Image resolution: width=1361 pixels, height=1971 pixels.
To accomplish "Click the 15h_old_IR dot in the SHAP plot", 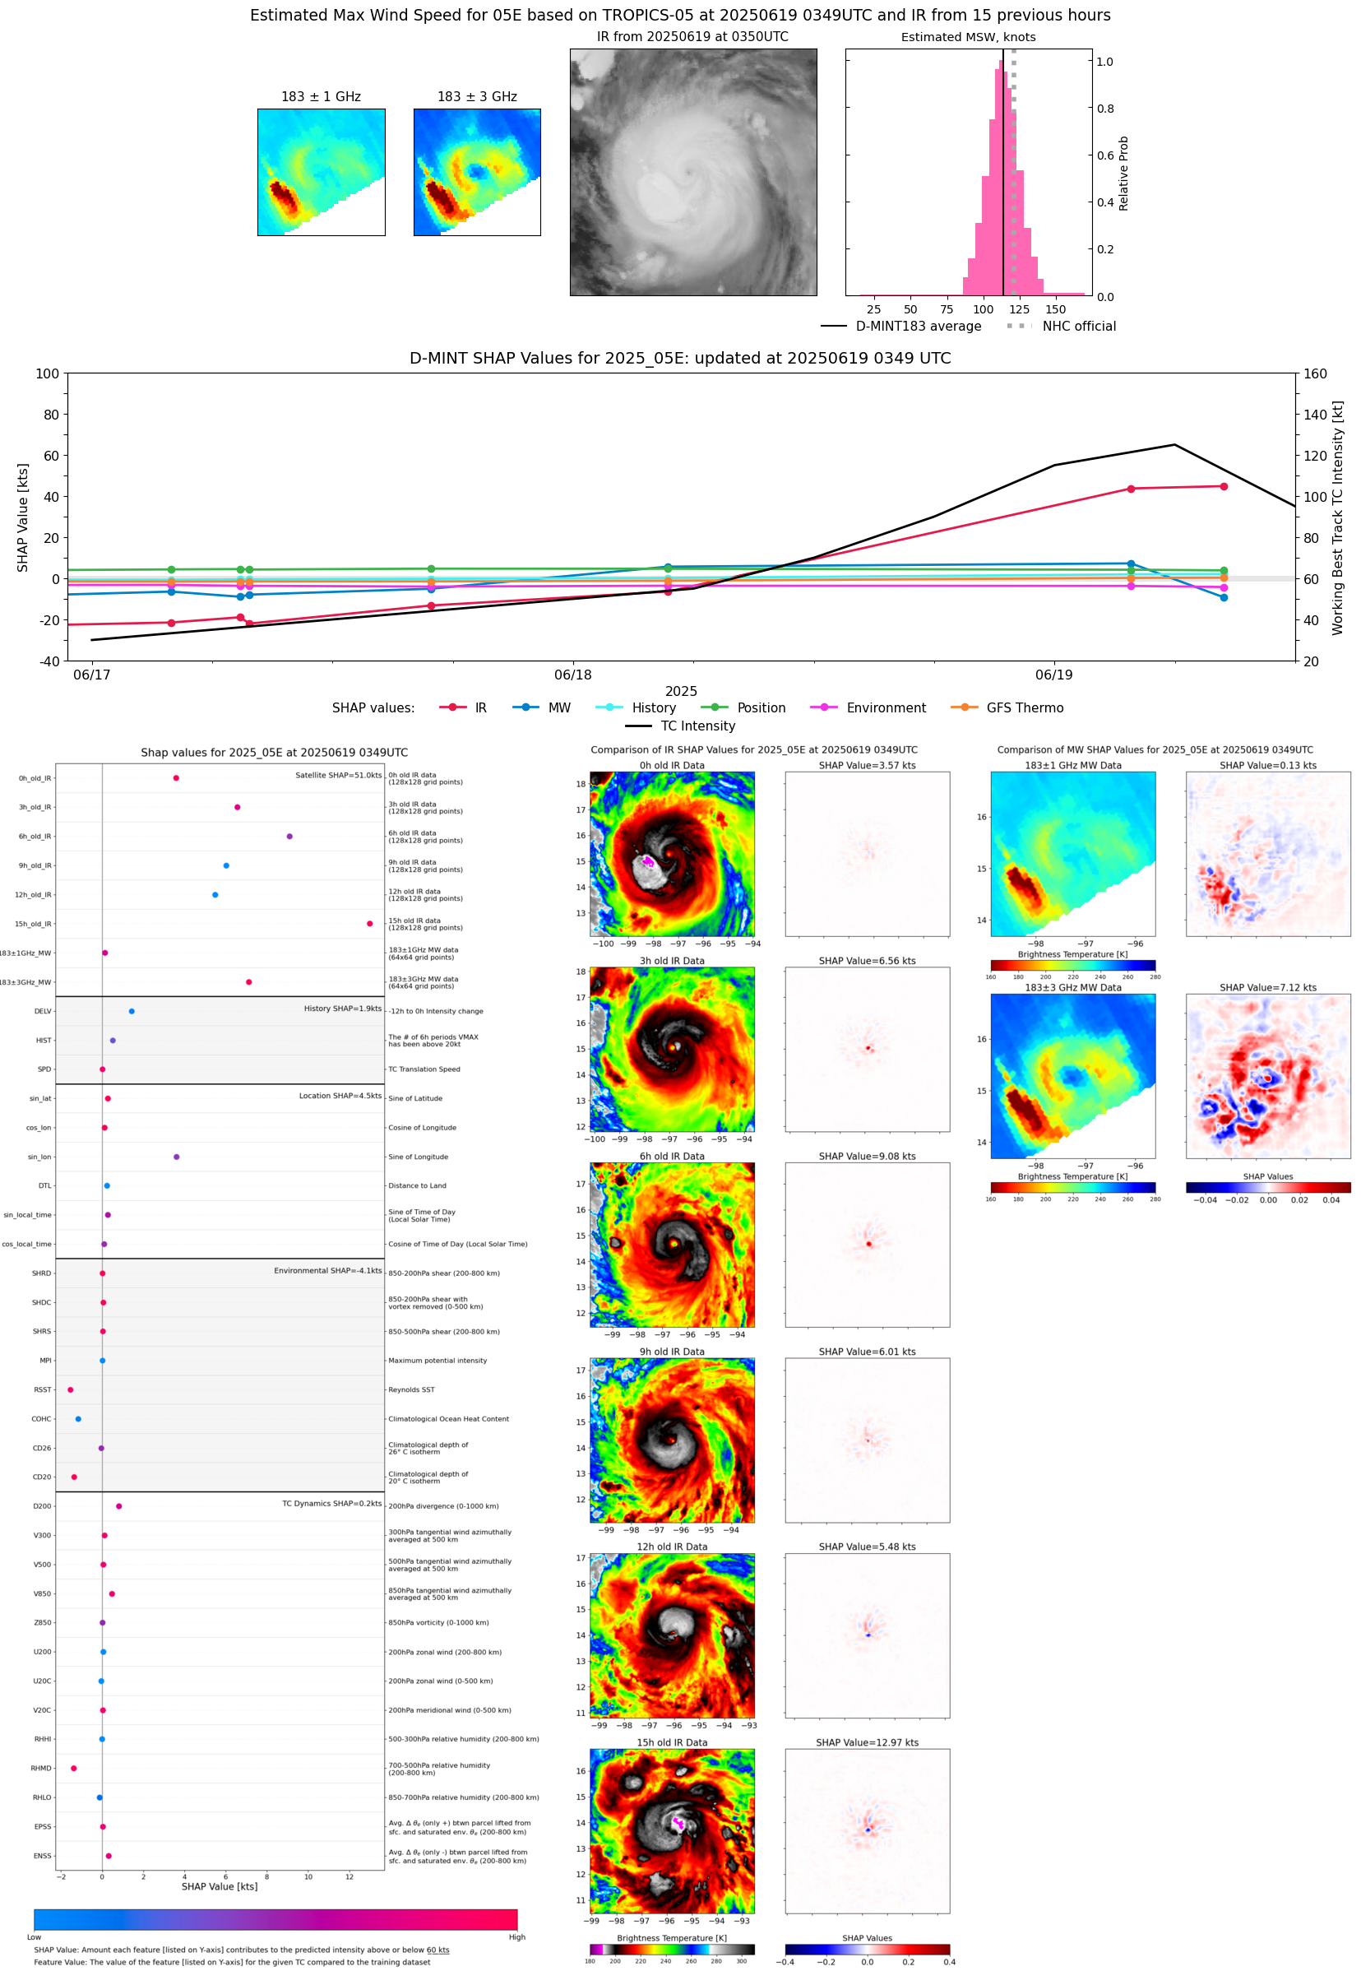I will (369, 924).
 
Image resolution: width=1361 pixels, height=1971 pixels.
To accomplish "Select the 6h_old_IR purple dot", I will (290, 837).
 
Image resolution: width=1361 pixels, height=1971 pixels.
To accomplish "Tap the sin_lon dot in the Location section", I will (177, 1157).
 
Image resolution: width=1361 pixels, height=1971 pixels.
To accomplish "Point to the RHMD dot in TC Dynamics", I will (74, 1769).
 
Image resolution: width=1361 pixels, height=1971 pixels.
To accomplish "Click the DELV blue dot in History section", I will (132, 1012).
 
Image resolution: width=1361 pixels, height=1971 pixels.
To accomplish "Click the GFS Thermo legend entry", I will (1009, 708).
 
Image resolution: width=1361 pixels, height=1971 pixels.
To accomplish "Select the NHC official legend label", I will (1079, 327).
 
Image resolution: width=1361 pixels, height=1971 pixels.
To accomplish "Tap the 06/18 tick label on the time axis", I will (573, 675).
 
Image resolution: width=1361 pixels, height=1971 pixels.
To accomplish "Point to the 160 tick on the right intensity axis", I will (1315, 373).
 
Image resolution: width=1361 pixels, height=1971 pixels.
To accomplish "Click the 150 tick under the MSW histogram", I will (1056, 309).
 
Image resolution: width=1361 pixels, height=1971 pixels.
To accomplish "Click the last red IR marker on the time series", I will (1224, 487).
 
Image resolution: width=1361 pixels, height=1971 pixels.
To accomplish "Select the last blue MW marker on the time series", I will (1224, 598).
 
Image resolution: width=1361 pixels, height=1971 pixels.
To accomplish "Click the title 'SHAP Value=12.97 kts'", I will (868, 1742).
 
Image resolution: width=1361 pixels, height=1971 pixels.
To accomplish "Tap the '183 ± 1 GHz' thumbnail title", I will (321, 97).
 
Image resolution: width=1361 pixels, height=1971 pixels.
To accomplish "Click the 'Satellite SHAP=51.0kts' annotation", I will (339, 775).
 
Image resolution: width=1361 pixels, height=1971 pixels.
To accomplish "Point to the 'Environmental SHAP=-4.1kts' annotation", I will (327, 1271).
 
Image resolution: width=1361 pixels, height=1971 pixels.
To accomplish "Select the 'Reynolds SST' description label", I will (412, 1390).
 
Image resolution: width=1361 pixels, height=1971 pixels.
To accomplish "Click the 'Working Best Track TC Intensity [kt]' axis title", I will (1337, 517).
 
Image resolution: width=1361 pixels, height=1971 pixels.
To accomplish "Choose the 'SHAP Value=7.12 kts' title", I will (1268, 988).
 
